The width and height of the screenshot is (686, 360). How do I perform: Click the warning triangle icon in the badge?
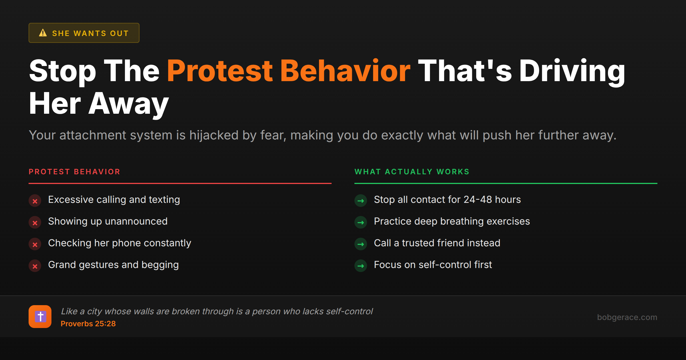tap(43, 33)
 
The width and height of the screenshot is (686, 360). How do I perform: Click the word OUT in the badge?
tap(119, 33)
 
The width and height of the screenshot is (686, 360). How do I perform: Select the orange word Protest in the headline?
tap(220, 71)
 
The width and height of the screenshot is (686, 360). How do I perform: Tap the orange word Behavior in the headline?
tap(345, 71)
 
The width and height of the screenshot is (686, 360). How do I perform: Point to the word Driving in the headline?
tap(572, 71)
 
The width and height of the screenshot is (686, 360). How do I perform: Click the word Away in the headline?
tap(128, 104)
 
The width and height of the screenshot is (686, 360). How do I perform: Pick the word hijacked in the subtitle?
tap(214, 135)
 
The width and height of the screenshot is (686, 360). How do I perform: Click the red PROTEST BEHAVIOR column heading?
tap(74, 172)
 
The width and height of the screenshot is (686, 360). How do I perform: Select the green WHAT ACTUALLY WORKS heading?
tap(412, 172)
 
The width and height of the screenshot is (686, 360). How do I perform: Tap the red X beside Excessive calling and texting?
tap(35, 201)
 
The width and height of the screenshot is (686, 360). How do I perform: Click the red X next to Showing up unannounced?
tap(35, 223)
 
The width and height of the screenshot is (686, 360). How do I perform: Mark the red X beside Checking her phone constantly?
tap(35, 244)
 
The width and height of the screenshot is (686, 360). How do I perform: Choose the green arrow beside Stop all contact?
tap(361, 201)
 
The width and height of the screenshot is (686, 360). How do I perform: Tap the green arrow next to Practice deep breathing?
tap(361, 223)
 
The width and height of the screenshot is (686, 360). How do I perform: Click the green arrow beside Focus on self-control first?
tap(361, 266)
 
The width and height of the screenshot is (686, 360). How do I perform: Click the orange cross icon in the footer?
tap(40, 317)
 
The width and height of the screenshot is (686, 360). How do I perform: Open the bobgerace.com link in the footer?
tap(627, 317)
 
